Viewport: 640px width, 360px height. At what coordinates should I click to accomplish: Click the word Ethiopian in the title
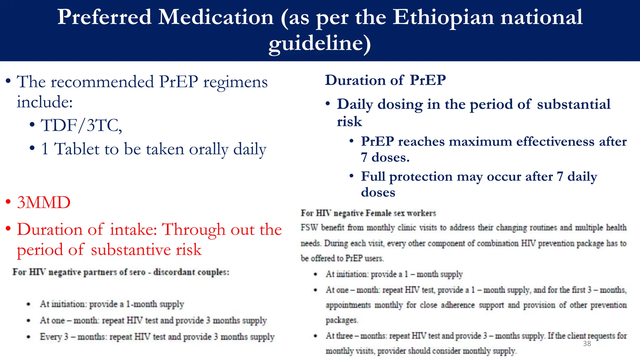[443, 17]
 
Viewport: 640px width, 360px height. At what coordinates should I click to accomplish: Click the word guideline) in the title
[320, 43]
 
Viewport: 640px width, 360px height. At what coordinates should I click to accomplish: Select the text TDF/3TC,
[81, 126]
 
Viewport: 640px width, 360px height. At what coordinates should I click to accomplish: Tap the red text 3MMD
[44, 202]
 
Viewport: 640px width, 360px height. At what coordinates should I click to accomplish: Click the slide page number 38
[587, 344]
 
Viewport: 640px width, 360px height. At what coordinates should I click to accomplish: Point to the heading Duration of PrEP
[385, 80]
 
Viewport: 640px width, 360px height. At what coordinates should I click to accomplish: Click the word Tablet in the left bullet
[77, 149]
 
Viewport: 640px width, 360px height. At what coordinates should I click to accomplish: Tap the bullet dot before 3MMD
[8, 202]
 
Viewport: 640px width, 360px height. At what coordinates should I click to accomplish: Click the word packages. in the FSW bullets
[342, 320]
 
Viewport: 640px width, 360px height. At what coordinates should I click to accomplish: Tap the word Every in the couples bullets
[51, 337]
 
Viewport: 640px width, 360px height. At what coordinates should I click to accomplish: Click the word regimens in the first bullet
[235, 82]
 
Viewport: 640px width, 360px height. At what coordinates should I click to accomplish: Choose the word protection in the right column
[421, 177]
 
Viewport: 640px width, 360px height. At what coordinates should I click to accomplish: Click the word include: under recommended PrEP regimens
[44, 102]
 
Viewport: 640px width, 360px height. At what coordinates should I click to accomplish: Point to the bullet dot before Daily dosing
[327, 103]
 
